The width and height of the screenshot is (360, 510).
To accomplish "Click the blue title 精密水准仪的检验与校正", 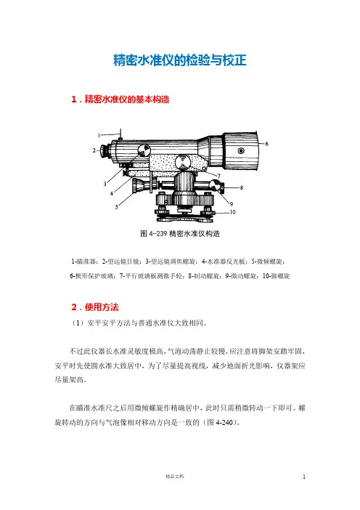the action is point(180,60).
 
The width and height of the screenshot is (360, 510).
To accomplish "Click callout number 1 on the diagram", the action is point(99,135).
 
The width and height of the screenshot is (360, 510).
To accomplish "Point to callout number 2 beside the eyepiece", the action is point(94,150).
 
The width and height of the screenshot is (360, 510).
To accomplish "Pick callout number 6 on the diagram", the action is point(267,143).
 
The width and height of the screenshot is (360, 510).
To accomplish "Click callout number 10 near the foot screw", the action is point(233,212).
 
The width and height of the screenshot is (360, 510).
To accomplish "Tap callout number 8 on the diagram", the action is point(242,187).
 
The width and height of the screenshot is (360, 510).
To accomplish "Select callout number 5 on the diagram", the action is point(117,207).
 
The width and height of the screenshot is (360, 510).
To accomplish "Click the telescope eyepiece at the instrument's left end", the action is point(104,150).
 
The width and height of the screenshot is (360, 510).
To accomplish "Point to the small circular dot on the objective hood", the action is point(241,150).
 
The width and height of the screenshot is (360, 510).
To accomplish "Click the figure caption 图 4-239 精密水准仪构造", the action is point(180,233).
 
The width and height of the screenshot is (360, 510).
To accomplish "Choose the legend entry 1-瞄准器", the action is point(83,262).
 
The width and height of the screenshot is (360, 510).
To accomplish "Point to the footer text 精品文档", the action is point(175,477).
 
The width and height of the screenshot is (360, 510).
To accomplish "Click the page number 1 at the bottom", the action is point(304,477).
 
